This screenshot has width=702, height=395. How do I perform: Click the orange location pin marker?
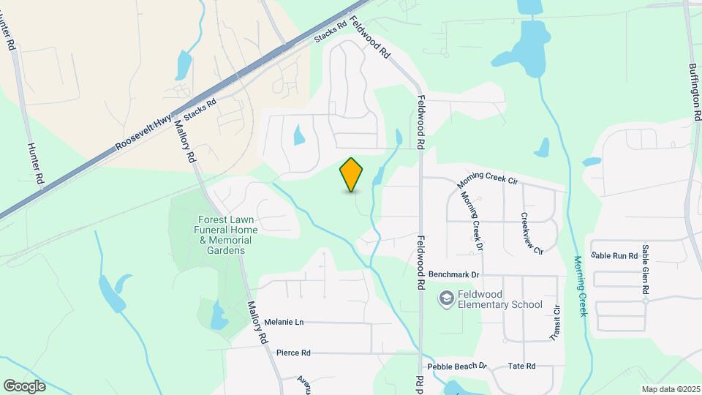pos(352,174)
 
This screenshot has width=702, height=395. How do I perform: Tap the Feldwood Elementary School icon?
pos(445,298)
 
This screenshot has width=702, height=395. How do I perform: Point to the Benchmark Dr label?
pos(453,274)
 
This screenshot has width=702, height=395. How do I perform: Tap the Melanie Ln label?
pos(284,322)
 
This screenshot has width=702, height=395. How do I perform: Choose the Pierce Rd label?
pos(293,353)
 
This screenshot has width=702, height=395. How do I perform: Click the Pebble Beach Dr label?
pos(457,366)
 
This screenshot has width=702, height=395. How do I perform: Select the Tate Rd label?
pos(521,366)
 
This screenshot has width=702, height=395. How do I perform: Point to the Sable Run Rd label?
pos(615,256)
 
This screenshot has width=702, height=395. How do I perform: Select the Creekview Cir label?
pos(532,233)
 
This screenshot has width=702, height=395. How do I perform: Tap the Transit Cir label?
pos(555,323)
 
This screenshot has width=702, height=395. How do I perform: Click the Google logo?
pos(25,385)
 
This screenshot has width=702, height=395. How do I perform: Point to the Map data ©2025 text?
pos(670,389)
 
